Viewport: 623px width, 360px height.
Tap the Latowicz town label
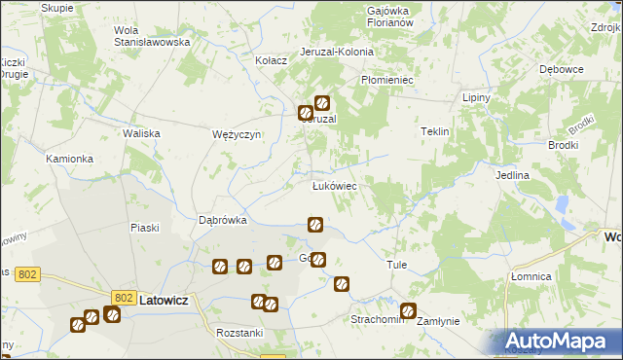[167, 301]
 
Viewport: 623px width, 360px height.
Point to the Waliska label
[140, 134]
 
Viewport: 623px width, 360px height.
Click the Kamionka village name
[69, 158]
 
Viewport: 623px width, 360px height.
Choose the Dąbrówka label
[223, 220]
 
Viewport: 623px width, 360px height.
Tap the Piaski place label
[144, 228]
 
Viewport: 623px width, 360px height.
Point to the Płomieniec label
[388, 80]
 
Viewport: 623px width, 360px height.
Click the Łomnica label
[531, 276]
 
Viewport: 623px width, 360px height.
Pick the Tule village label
[396, 265]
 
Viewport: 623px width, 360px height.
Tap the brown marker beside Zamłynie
[408, 312]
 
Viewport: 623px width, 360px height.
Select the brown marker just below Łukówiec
[315, 225]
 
